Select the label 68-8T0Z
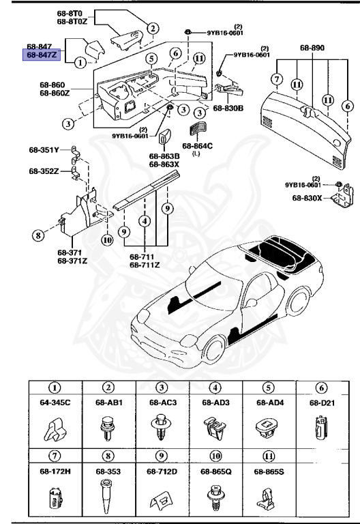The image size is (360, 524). click(x=74, y=22)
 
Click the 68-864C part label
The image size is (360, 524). click(x=197, y=145)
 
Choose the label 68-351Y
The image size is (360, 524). click(x=44, y=149)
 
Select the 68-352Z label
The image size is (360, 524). click(x=44, y=171)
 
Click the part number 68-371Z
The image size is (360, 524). click(x=73, y=261)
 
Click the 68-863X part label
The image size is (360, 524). click(x=164, y=164)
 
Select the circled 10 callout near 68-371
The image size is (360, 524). click(x=107, y=239)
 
